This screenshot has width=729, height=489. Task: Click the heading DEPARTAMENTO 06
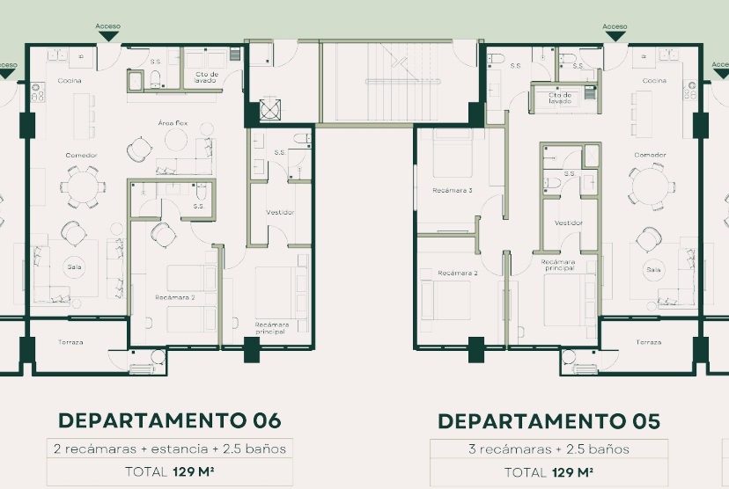(x=168, y=420)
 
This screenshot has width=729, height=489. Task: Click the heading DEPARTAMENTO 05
(x=549, y=421)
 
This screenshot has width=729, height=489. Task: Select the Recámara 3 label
(x=453, y=190)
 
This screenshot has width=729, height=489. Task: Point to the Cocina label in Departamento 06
(x=70, y=80)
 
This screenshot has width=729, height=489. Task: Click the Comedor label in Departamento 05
(x=650, y=155)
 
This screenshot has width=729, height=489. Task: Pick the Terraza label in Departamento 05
(x=648, y=341)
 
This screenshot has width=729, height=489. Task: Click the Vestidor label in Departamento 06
(x=279, y=212)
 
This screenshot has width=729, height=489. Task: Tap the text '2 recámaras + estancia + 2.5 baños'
(x=168, y=449)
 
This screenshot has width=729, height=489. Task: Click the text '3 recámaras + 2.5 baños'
(x=549, y=449)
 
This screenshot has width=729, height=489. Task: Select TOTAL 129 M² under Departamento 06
(x=168, y=471)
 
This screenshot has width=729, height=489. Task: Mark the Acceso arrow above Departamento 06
(x=108, y=36)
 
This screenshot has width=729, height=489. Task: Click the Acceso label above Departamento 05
(x=615, y=26)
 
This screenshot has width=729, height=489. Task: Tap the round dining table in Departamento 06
(x=75, y=186)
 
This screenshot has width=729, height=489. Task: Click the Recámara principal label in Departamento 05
(x=558, y=265)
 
